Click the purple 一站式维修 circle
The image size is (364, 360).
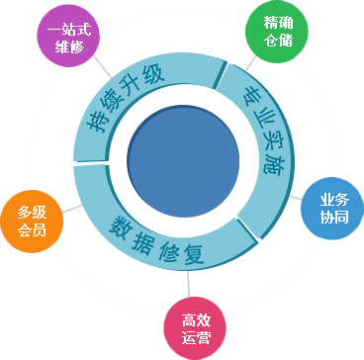69,37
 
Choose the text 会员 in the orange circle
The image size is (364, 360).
32,229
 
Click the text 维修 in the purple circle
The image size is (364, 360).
69,46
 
